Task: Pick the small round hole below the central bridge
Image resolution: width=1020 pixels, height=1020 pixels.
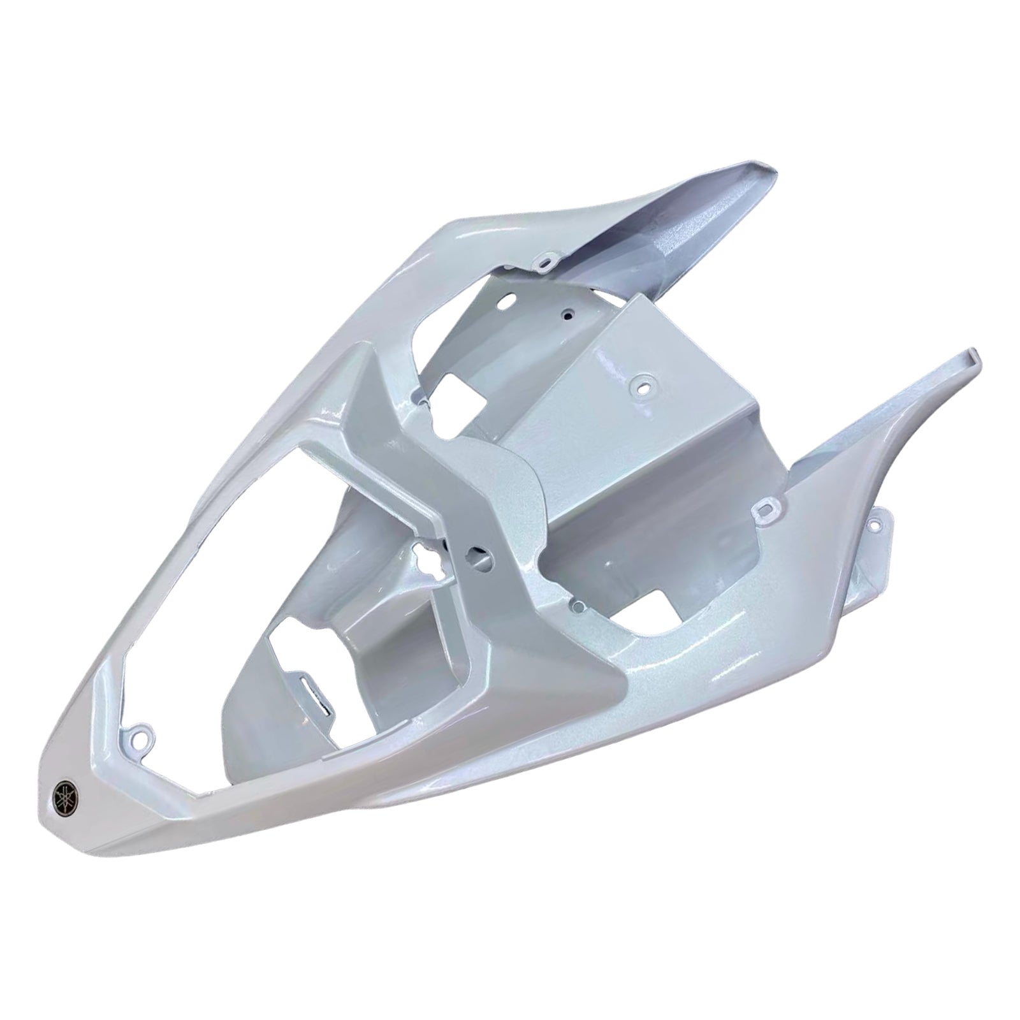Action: coord(577,602)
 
